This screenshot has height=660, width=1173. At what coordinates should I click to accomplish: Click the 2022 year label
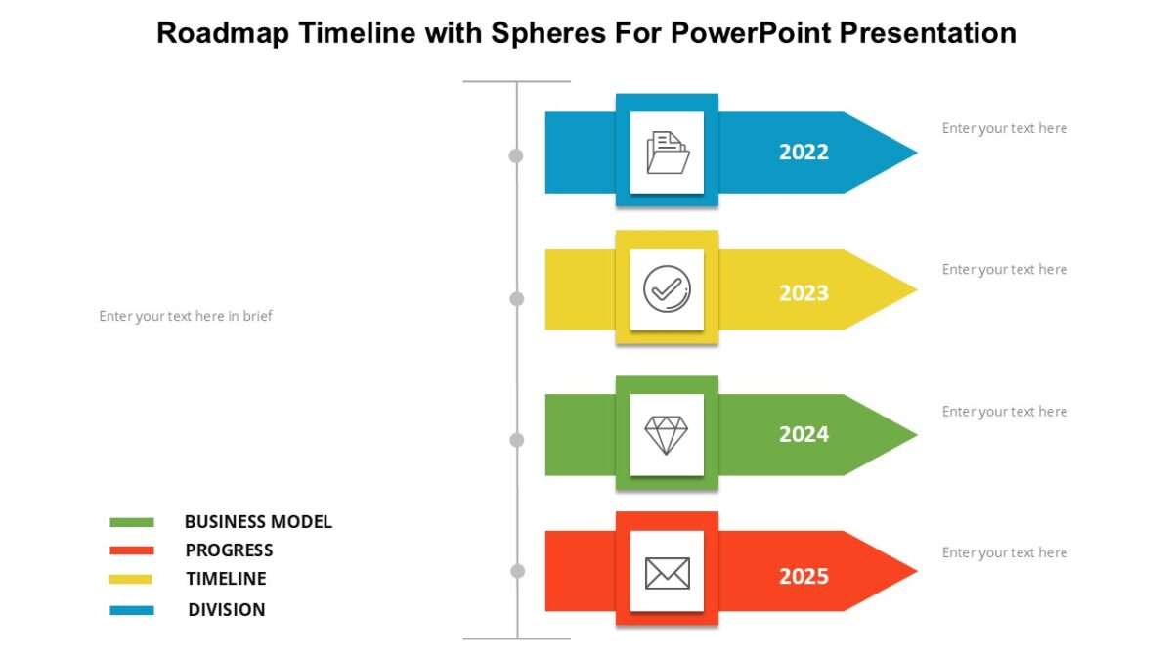click(x=804, y=153)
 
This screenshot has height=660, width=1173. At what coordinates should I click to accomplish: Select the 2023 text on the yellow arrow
click(x=804, y=293)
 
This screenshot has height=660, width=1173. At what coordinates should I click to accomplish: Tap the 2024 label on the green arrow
click(x=804, y=434)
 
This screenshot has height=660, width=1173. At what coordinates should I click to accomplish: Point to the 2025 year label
click(x=804, y=576)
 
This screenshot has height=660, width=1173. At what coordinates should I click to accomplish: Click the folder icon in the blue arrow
click(x=668, y=154)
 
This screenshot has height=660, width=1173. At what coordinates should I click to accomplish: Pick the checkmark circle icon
click(x=667, y=289)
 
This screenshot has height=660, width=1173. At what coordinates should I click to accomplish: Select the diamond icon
click(x=667, y=434)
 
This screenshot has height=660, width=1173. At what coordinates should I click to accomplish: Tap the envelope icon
click(x=667, y=573)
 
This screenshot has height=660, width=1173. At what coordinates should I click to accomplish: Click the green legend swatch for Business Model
click(x=132, y=522)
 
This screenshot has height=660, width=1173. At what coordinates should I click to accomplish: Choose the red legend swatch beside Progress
click(x=132, y=550)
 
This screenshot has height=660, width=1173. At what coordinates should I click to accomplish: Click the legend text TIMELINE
click(x=226, y=579)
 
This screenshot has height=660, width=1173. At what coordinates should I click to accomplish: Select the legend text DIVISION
click(x=227, y=610)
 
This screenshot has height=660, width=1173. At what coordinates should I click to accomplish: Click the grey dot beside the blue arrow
click(x=516, y=155)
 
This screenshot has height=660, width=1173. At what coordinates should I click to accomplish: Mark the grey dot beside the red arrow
click(x=518, y=571)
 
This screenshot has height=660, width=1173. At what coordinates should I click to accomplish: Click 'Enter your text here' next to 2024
click(x=1004, y=412)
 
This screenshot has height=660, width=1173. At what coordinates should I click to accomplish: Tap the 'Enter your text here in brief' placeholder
click(x=186, y=317)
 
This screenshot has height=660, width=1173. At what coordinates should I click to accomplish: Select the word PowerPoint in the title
click(x=734, y=33)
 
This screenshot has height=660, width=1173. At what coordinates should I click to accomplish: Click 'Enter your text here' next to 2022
click(x=1004, y=128)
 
